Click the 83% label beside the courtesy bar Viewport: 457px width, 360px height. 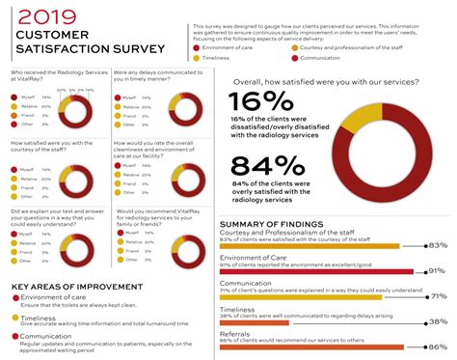coord(438,245)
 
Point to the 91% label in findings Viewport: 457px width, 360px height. coord(438,271)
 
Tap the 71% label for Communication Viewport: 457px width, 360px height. coord(438,296)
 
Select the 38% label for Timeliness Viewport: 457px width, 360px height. coord(438,321)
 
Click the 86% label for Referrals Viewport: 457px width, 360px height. coord(438,346)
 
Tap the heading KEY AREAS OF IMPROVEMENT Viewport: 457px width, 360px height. coord(74,287)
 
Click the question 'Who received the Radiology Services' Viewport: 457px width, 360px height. coord(52,76)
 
